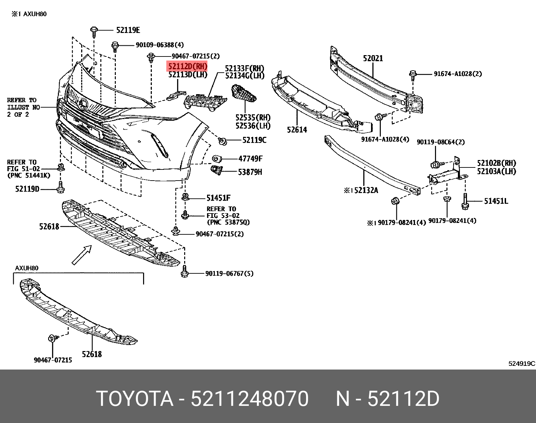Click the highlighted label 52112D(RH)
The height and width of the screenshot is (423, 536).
(188, 66)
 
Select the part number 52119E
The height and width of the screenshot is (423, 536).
(128, 30)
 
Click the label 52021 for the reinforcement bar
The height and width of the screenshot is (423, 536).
(373, 59)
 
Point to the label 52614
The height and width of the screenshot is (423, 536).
(297, 129)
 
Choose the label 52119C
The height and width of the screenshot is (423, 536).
(254, 140)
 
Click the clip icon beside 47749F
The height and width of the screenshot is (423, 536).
(216, 159)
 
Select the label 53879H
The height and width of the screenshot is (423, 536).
(250, 172)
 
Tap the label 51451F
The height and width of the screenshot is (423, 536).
(219, 198)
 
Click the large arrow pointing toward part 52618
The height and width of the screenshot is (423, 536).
(82, 254)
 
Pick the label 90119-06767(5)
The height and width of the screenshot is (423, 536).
(229, 274)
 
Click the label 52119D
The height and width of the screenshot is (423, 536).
(27, 189)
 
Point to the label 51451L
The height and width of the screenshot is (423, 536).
(496, 201)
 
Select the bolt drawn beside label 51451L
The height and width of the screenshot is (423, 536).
(465, 202)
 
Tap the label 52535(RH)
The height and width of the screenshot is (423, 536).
(253, 118)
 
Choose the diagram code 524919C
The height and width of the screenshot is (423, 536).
(522, 363)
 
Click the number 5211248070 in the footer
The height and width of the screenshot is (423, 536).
(249, 399)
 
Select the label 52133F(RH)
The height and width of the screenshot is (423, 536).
(245, 68)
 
